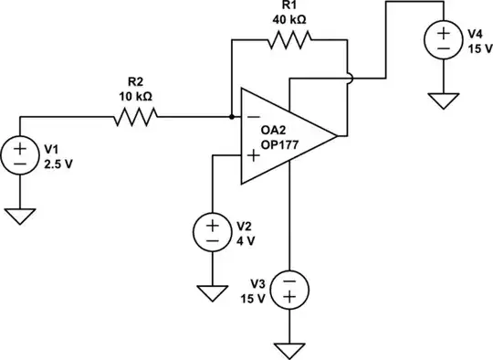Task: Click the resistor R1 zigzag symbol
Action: coord(288,38)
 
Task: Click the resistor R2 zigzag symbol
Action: coord(134,115)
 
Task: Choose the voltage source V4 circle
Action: coord(443,39)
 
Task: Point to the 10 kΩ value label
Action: coord(134,94)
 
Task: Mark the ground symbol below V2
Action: coord(212,293)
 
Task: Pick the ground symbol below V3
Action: coord(289,350)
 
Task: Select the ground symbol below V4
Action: coord(443,99)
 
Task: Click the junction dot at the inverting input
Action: coord(232,116)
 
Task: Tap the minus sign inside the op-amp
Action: coord(252,116)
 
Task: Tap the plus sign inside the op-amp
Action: coord(252,154)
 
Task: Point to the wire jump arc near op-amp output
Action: coord(348,78)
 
